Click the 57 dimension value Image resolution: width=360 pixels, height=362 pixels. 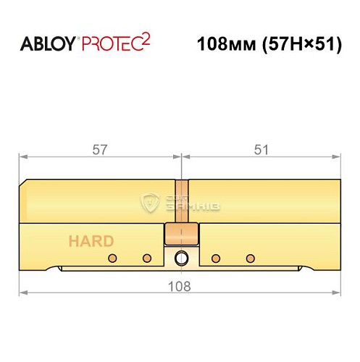100,150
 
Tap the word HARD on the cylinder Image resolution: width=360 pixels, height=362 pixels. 91,241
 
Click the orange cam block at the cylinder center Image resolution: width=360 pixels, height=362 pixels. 180,235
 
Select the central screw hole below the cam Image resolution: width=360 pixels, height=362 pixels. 180,258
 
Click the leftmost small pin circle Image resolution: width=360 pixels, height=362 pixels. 112,258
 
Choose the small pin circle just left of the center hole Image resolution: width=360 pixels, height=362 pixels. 147,258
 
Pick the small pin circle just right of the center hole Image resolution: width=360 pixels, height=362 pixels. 214,258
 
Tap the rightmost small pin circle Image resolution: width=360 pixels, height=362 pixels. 251,258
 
